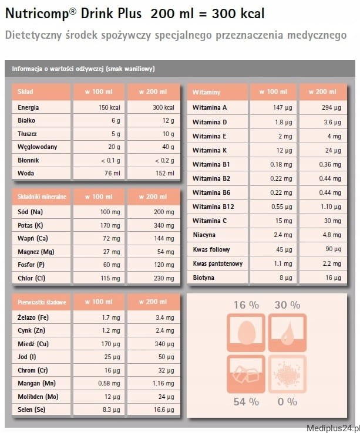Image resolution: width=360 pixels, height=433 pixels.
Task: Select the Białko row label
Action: click(27, 121)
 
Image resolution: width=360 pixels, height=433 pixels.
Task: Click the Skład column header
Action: click(25, 92)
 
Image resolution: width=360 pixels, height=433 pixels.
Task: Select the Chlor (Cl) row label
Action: click(32, 278)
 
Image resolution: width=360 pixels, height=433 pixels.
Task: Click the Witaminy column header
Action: click(206, 92)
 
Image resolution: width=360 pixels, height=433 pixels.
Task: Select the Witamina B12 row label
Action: click(213, 207)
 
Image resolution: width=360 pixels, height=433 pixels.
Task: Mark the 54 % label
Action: click(245, 402)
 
